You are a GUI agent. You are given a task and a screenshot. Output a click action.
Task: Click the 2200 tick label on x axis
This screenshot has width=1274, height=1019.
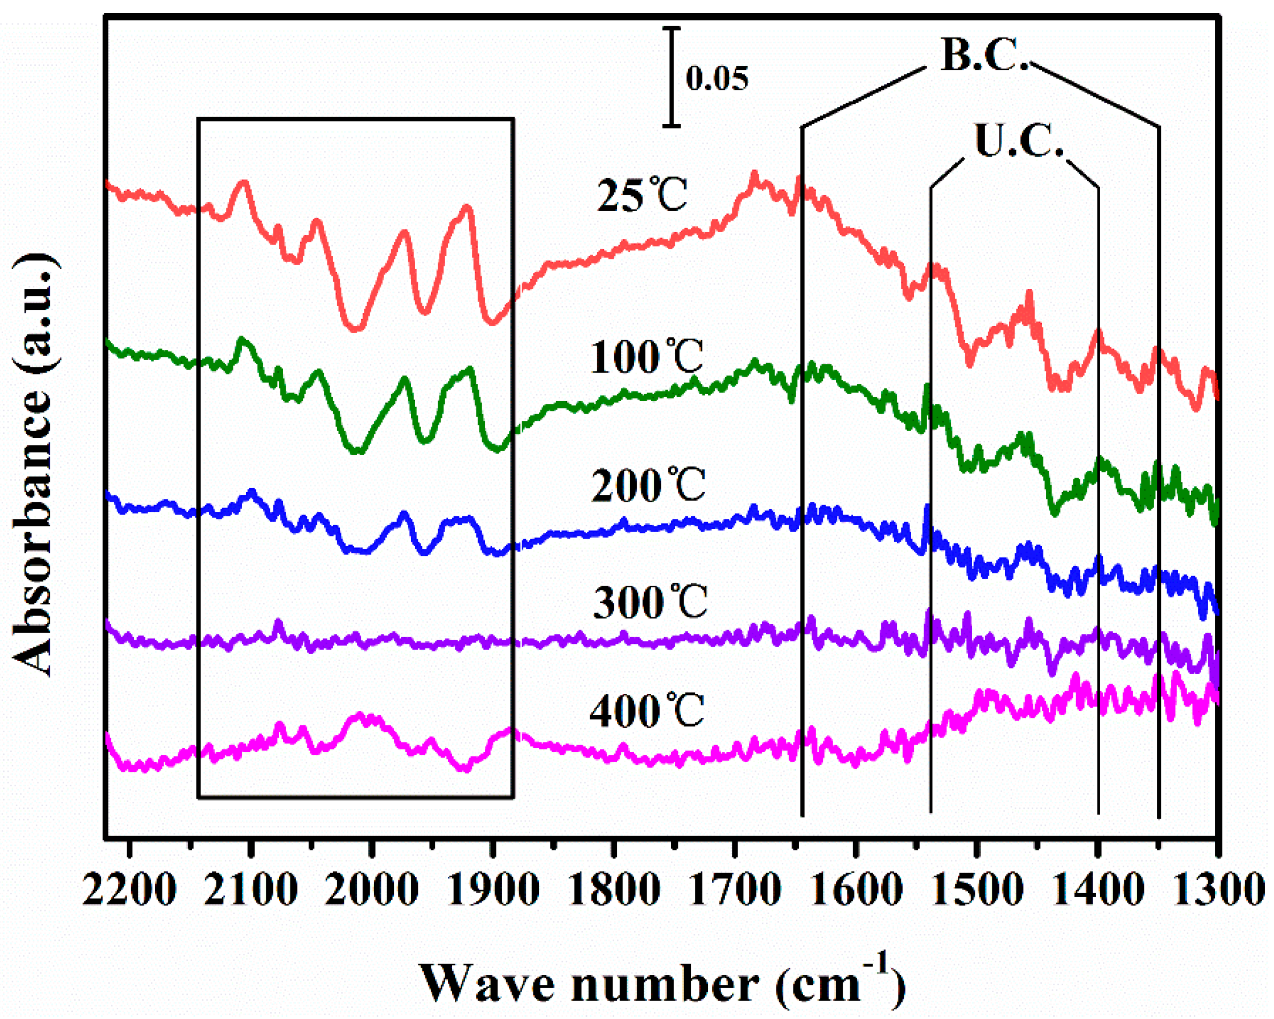click(x=129, y=890)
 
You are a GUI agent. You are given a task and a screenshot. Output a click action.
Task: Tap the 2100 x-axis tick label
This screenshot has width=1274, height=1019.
click(x=251, y=890)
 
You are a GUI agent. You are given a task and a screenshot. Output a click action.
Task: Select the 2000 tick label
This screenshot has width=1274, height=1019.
click(x=372, y=890)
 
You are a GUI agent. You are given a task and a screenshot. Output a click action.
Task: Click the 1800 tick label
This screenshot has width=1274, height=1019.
click(x=614, y=890)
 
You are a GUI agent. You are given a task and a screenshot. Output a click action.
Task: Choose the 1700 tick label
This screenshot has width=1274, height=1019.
click(x=735, y=890)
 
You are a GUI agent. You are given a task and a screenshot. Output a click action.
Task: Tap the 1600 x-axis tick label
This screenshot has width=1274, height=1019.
click(x=856, y=890)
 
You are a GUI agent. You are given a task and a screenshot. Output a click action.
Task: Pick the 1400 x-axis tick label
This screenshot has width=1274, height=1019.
click(x=1098, y=890)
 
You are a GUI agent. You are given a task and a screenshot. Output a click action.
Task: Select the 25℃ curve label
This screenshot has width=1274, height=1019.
click(x=642, y=194)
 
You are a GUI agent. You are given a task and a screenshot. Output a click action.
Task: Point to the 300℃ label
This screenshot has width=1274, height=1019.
click(x=650, y=602)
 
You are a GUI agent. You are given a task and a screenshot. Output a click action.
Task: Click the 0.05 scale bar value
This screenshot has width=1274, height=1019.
click(x=717, y=78)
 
